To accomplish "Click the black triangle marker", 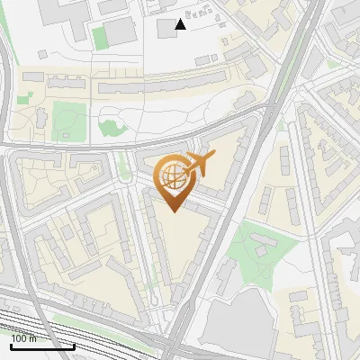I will tap(180, 24).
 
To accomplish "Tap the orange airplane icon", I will tap(199, 164).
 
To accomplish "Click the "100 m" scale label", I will tap(25, 337).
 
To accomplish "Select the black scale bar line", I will tap(42, 346).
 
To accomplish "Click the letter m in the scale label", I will tap(33, 337).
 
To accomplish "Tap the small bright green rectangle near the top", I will tap(98, 37).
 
